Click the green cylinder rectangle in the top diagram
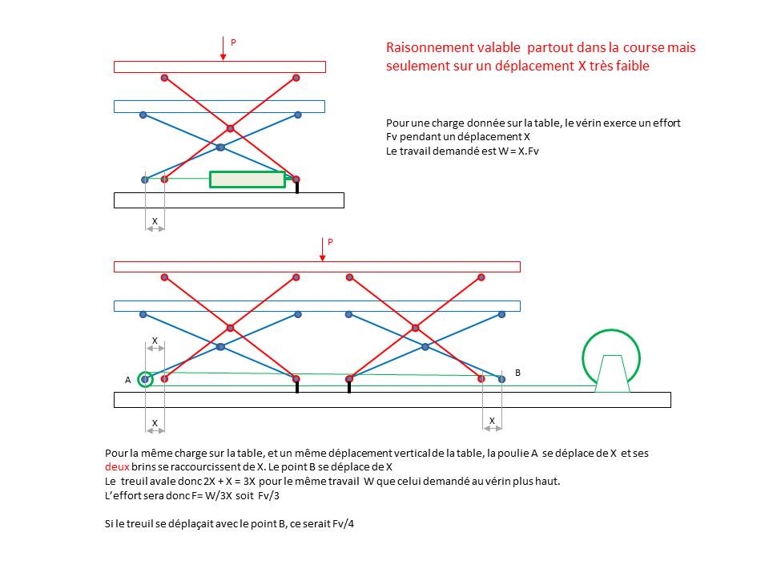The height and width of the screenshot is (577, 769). [x=247, y=180]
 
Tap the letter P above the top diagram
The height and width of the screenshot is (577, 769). [x=233, y=42]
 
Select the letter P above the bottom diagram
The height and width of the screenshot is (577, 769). [x=330, y=241]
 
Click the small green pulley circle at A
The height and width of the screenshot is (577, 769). [x=145, y=379]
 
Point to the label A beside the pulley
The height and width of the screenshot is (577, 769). [x=127, y=380]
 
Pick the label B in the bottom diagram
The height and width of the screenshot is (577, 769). [x=517, y=373]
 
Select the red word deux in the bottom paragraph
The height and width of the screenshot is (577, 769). [x=117, y=466]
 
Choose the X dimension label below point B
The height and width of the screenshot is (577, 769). [x=492, y=421]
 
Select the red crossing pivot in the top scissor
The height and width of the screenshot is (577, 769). [x=230, y=128]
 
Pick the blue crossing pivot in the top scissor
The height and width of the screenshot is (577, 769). [x=220, y=147]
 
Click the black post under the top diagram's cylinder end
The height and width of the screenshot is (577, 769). [x=297, y=188]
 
